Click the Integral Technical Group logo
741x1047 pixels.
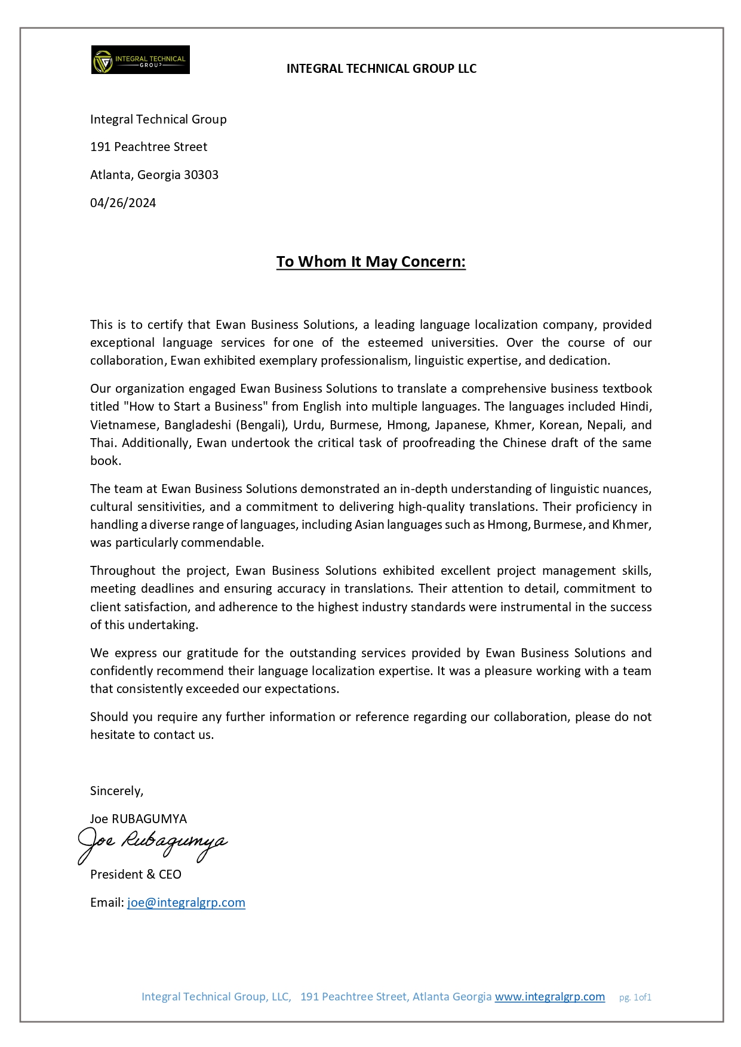[140, 60]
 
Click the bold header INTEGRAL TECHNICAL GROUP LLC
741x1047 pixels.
[381, 69]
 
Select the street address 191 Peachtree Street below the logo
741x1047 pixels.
[149, 147]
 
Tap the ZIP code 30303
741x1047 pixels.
[201, 175]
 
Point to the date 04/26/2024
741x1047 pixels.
[123, 203]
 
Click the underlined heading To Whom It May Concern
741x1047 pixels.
[371, 262]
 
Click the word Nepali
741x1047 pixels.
[605, 425]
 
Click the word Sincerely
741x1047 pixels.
[116, 791]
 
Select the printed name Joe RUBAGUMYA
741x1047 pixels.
[139, 819]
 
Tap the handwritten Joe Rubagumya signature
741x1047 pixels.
[152, 843]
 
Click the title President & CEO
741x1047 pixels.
[136, 874]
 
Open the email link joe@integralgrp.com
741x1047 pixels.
[186, 903]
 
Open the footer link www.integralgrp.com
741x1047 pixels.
[549, 997]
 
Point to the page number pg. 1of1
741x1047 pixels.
[635, 997]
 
